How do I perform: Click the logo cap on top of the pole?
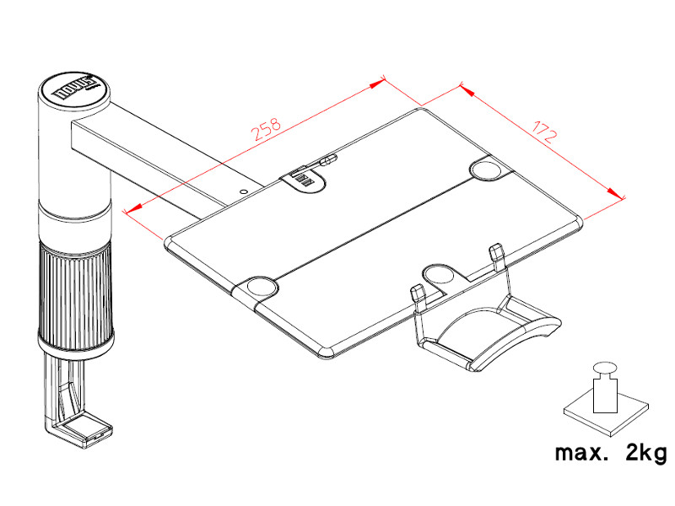[75, 90]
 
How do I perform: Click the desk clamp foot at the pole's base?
[80, 433]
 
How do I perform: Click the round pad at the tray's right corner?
[489, 170]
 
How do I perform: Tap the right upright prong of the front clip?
[497, 254]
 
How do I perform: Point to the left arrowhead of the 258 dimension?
[129, 211]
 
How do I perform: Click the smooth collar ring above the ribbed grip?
[74, 224]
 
